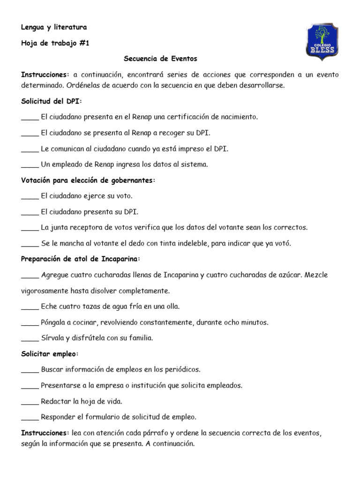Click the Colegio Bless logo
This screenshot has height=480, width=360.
click(x=322, y=41)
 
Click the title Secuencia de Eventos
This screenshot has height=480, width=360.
click(x=160, y=59)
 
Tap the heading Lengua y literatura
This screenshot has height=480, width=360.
click(x=54, y=27)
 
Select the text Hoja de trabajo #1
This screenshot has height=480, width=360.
click(x=55, y=43)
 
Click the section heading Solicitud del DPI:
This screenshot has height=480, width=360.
click(x=52, y=101)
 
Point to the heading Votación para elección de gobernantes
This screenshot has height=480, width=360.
click(x=88, y=180)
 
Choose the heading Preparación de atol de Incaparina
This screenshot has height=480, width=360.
click(x=81, y=259)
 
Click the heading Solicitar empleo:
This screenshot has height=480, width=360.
click(x=50, y=353)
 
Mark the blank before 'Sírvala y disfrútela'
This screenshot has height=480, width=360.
click(x=30, y=338)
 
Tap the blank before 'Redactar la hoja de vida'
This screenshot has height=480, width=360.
click(x=30, y=402)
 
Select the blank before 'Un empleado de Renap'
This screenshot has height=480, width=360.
click(x=30, y=165)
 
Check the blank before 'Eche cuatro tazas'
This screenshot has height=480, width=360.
click(x=30, y=307)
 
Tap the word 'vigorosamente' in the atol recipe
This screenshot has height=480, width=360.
click(x=45, y=291)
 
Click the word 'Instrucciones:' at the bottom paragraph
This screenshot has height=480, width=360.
click(x=45, y=433)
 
